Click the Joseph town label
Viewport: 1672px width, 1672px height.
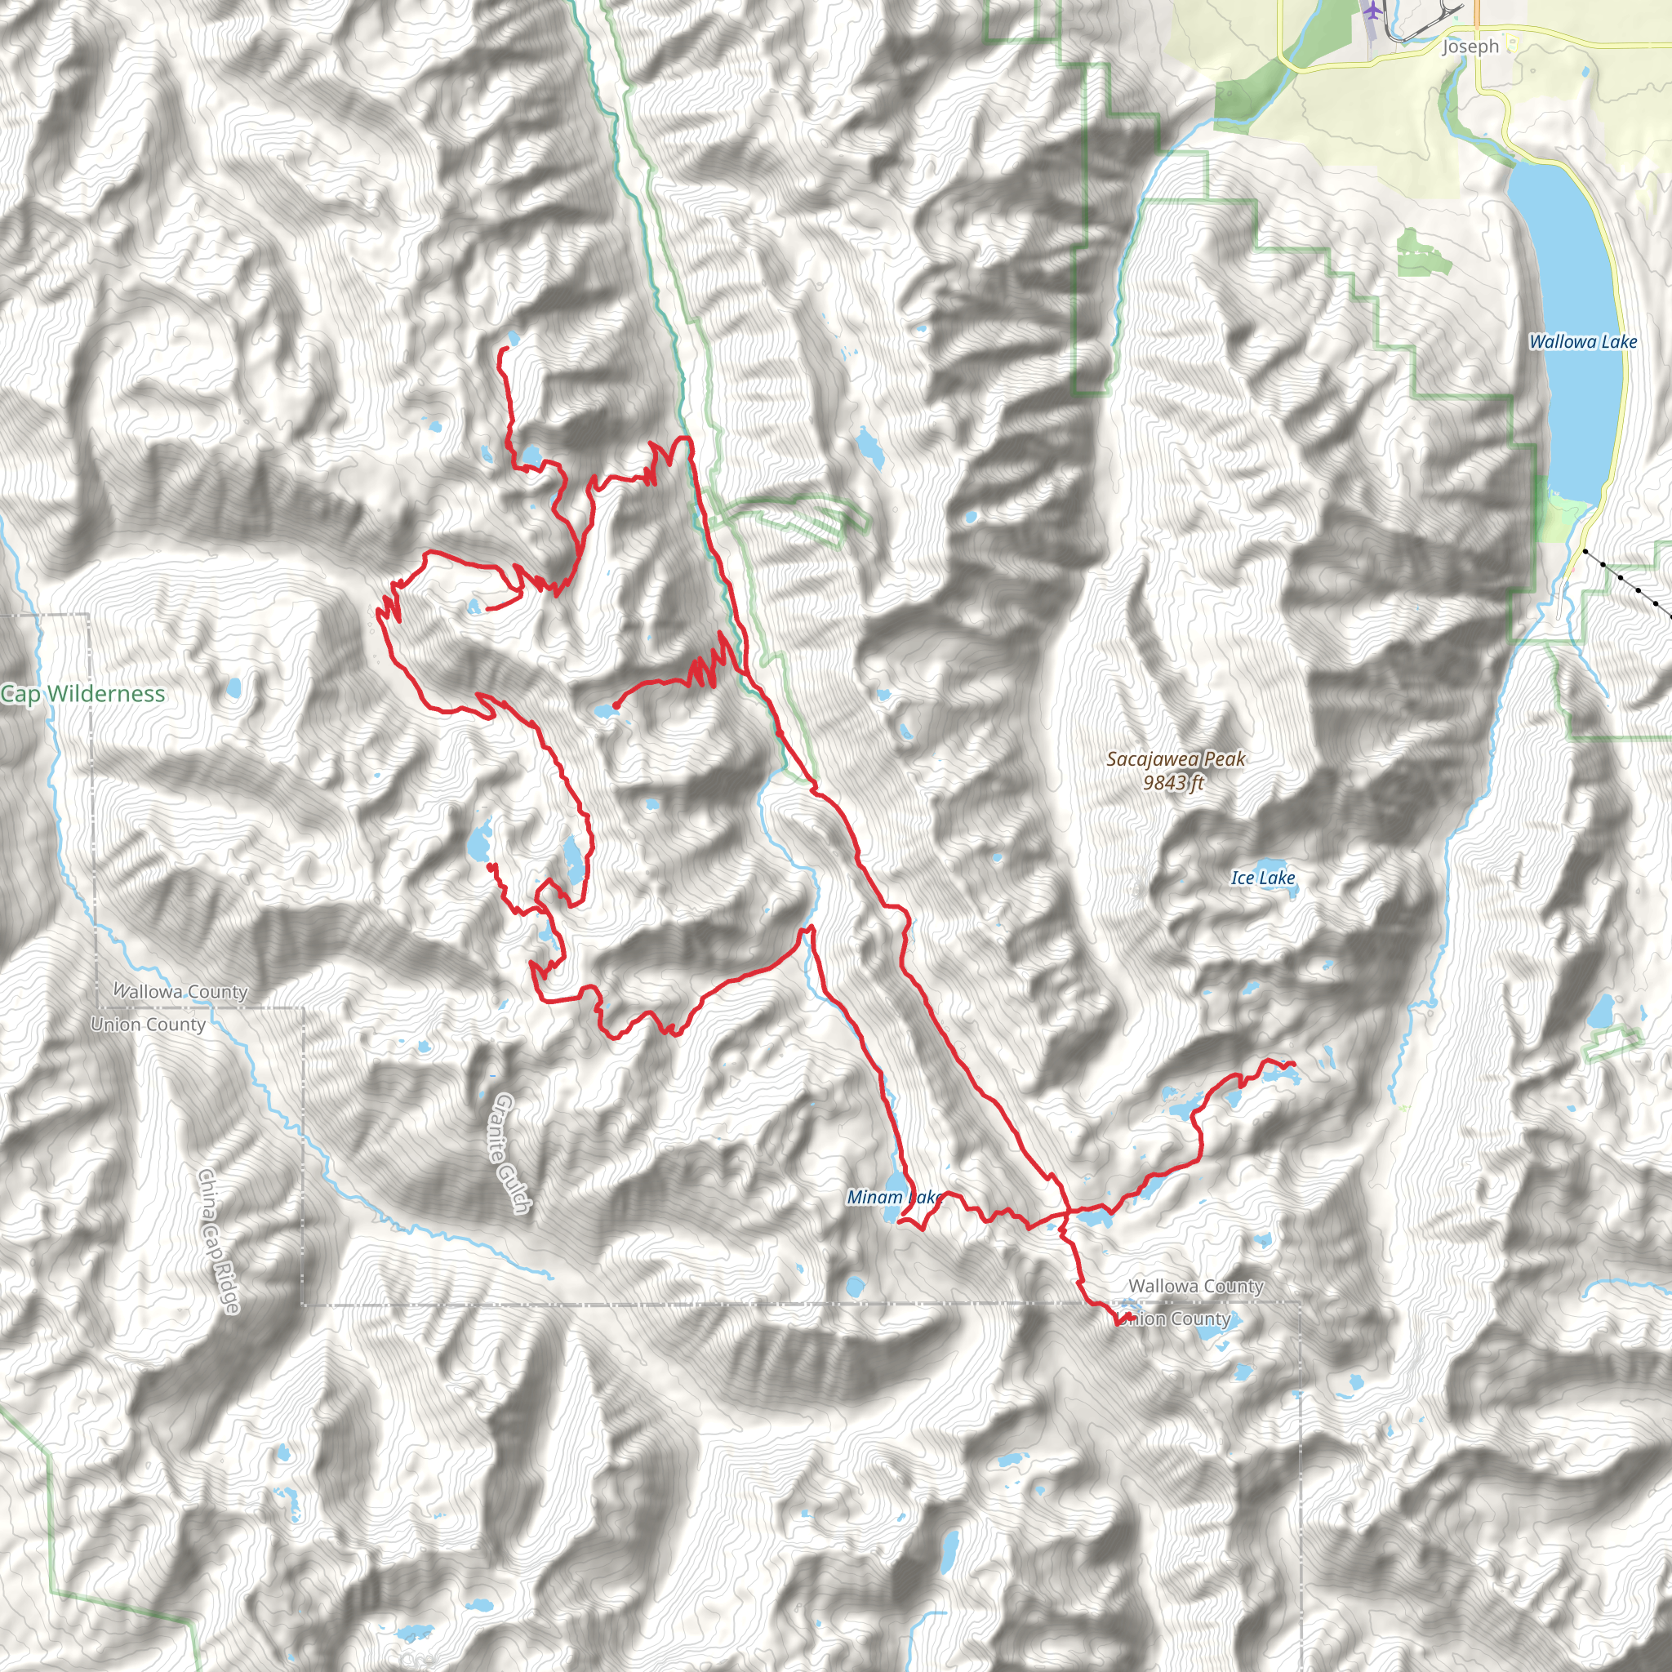click(1470, 47)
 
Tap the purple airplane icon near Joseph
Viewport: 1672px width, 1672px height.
click(1372, 11)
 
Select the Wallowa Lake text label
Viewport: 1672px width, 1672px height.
click(1583, 342)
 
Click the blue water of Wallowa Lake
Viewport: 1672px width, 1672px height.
click(1567, 260)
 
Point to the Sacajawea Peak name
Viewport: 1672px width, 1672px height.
click(1176, 759)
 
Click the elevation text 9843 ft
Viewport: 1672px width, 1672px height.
click(1173, 783)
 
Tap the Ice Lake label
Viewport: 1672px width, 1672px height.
click(1263, 878)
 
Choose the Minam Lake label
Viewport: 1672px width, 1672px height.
click(893, 1198)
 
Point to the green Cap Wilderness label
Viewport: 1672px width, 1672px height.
click(83, 694)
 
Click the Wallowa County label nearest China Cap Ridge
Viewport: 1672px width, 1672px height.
click(181, 991)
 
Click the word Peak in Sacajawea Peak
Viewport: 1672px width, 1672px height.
click(1225, 759)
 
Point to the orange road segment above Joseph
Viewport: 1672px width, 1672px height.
click(1476, 17)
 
